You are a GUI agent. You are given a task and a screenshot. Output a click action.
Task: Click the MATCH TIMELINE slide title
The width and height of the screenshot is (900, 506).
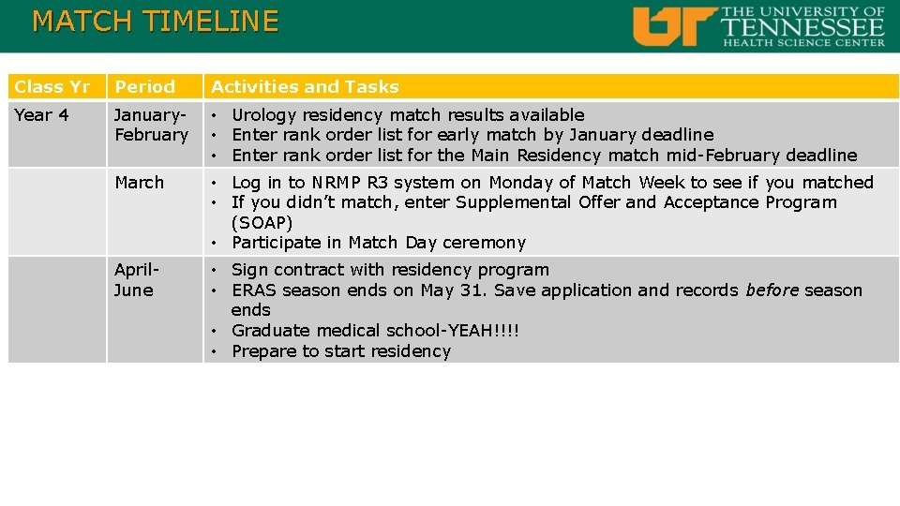point(155,22)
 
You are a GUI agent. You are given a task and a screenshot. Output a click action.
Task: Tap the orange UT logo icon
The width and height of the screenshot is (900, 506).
point(674,26)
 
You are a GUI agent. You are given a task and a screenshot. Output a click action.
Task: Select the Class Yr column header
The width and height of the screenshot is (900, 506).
point(52,87)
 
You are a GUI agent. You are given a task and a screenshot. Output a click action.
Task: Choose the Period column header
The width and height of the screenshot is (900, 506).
point(144,87)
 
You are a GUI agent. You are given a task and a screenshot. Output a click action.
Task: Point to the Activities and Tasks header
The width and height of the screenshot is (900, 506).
point(305,87)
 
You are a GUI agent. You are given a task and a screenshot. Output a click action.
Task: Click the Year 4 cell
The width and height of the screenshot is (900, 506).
point(41,115)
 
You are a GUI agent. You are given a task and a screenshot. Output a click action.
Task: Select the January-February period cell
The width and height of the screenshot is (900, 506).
point(151,125)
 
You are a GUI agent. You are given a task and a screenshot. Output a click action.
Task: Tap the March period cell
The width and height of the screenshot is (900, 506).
point(139,183)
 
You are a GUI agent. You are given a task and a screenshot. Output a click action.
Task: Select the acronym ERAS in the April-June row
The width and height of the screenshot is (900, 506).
point(254,290)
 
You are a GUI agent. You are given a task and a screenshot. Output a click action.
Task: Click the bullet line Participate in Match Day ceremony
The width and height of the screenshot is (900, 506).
point(378,243)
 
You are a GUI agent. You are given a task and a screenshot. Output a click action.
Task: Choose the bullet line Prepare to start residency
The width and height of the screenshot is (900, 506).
point(340,351)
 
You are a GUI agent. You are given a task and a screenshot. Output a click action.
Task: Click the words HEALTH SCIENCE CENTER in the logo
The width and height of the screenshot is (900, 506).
point(802,41)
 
